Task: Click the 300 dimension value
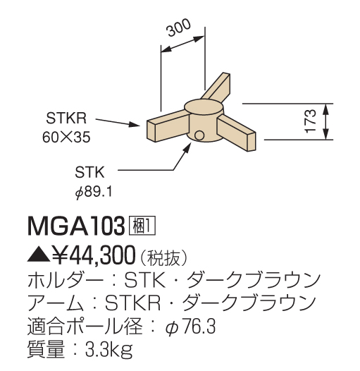click(179, 28)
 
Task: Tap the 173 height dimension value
click(311, 121)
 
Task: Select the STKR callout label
click(66, 118)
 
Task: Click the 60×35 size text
click(66, 138)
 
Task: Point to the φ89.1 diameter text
click(94, 192)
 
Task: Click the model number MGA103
click(76, 226)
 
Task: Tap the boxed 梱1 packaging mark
click(142, 226)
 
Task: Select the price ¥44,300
click(94, 255)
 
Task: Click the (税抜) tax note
click(164, 257)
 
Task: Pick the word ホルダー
click(66, 280)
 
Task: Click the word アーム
click(56, 303)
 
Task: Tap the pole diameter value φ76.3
click(190, 327)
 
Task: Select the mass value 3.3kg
click(109, 350)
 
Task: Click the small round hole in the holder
click(199, 135)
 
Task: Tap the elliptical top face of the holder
click(204, 109)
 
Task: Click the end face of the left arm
click(151, 131)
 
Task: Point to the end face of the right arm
click(252, 142)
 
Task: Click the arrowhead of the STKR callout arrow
click(135, 124)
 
